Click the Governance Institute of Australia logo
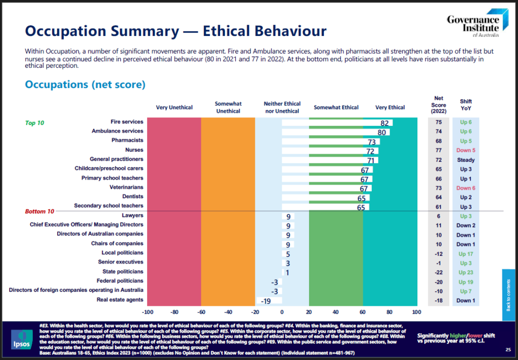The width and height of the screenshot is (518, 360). coord(472,24)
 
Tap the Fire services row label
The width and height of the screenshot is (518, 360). coord(127,122)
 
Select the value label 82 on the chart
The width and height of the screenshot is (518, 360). coord(384,123)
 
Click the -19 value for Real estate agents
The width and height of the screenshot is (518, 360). coord(265,301)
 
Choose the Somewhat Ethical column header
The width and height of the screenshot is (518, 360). coord(336,107)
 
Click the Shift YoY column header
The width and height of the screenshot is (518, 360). coord(466,104)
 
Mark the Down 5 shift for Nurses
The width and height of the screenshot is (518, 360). coord(466,150)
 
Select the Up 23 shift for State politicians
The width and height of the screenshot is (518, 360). coord(466,272)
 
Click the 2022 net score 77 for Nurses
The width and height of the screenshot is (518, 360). coord(438,150)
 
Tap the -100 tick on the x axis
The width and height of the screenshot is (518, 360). coord(148,311)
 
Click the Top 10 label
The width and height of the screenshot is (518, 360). coord(34,123)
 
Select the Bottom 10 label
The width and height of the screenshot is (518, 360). coord(39,211)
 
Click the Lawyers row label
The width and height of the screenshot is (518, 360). coord(132,215)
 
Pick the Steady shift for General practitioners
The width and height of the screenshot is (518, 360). coord(466,160)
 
